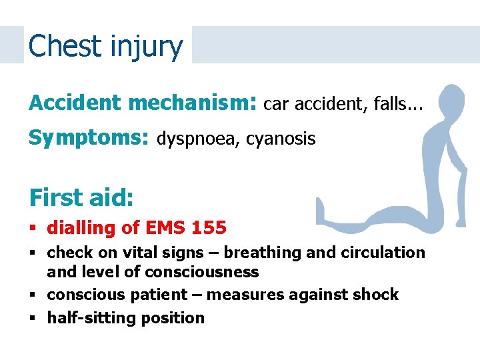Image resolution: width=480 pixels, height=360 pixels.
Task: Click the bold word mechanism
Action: click(189, 103)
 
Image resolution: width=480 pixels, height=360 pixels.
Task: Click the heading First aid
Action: click(81, 197)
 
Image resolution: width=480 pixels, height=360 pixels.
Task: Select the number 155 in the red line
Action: click(208, 228)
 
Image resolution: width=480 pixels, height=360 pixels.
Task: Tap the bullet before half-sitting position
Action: click(33, 318)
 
